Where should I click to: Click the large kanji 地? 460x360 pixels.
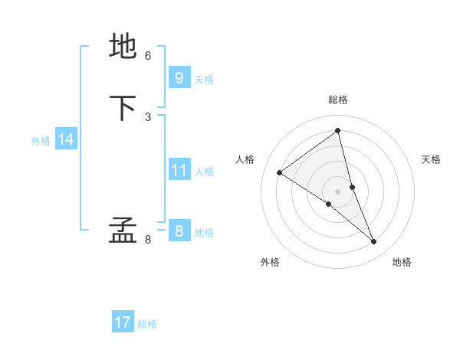[x=123, y=47]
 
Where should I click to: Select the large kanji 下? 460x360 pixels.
[x=123, y=108]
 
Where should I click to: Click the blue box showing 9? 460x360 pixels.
[x=179, y=78]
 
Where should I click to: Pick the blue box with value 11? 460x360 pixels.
[x=179, y=170]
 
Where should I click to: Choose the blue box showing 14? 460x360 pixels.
[x=66, y=139]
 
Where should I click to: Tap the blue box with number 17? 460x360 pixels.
[x=123, y=322]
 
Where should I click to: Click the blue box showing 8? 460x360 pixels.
[x=179, y=231]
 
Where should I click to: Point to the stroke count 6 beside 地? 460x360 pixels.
[x=148, y=56]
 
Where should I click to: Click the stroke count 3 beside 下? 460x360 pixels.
[x=148, y=117]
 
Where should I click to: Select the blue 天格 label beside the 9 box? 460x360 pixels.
[x=204, y=80]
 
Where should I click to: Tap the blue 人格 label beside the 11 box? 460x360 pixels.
[x=204, y=172]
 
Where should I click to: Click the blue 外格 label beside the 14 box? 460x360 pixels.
[x=41, y=141]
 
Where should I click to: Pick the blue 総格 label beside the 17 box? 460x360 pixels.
[x=147, y=324]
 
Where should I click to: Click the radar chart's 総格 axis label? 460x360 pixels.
[x=337, y=100]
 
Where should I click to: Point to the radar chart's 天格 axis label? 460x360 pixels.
[x=432, y=159]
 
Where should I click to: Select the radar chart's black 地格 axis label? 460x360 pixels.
[x=402, y=262]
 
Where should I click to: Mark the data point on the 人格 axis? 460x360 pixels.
[x=280, y=172]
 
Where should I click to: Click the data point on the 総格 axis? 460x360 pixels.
[x=337, y=130]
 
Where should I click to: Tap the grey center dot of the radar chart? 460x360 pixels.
[x=337, y=191]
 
